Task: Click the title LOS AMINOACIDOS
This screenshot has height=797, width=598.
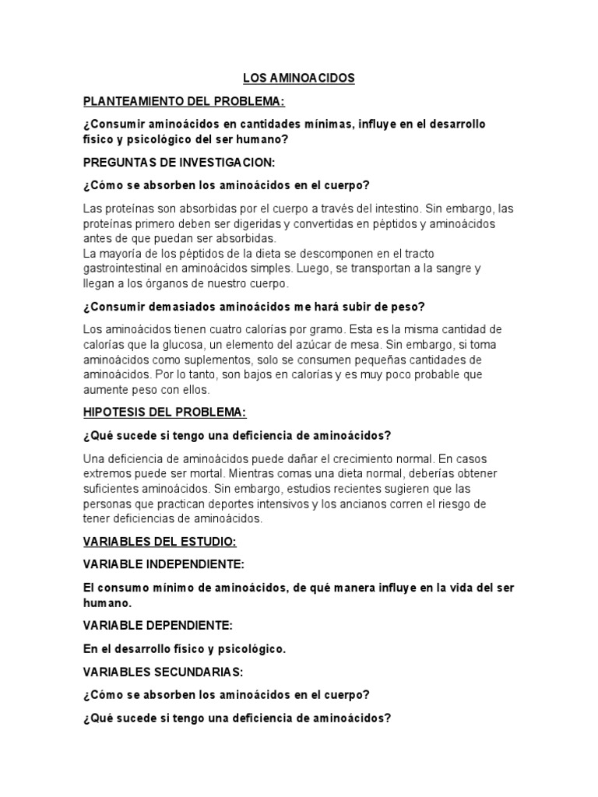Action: (299, 79)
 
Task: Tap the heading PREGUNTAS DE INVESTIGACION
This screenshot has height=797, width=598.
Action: (180, 163)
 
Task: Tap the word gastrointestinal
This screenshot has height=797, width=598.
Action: (125, 269)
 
